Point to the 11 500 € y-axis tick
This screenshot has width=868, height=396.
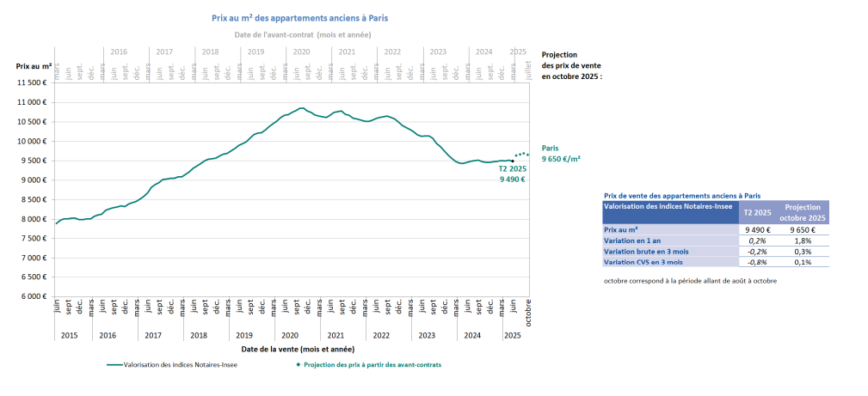coord(31,83)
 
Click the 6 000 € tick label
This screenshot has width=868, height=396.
coord(31,296)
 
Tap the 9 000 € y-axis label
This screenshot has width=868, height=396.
coord(31,180)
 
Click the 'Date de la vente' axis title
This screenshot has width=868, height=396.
coord(297,350)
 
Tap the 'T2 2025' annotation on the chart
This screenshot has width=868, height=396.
coord(512,169)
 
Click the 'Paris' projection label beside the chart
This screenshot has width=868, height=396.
coord(550,148)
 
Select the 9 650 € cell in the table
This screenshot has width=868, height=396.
coord(803,230)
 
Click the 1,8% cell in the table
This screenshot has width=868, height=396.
coord(803,241)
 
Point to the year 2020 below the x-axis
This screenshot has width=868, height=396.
coord(290,335)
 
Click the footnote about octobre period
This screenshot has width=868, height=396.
coord(689,282)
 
